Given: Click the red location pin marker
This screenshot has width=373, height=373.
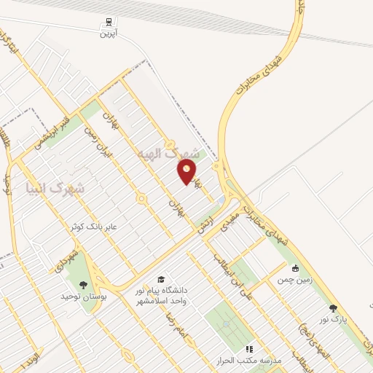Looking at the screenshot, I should [x=187, y=172].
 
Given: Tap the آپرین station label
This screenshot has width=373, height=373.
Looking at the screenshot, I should [x=108, y=34].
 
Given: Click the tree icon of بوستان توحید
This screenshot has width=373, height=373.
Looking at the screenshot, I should [x=82, y=285].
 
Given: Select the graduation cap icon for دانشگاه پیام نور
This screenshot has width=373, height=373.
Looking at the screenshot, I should [x=160, y=279].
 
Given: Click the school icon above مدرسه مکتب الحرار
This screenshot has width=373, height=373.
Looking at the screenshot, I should [x=248, y=349].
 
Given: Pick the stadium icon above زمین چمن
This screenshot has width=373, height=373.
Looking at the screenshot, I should [x=295, y=267].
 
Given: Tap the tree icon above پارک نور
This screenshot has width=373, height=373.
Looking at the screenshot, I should [x=333, y=307].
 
